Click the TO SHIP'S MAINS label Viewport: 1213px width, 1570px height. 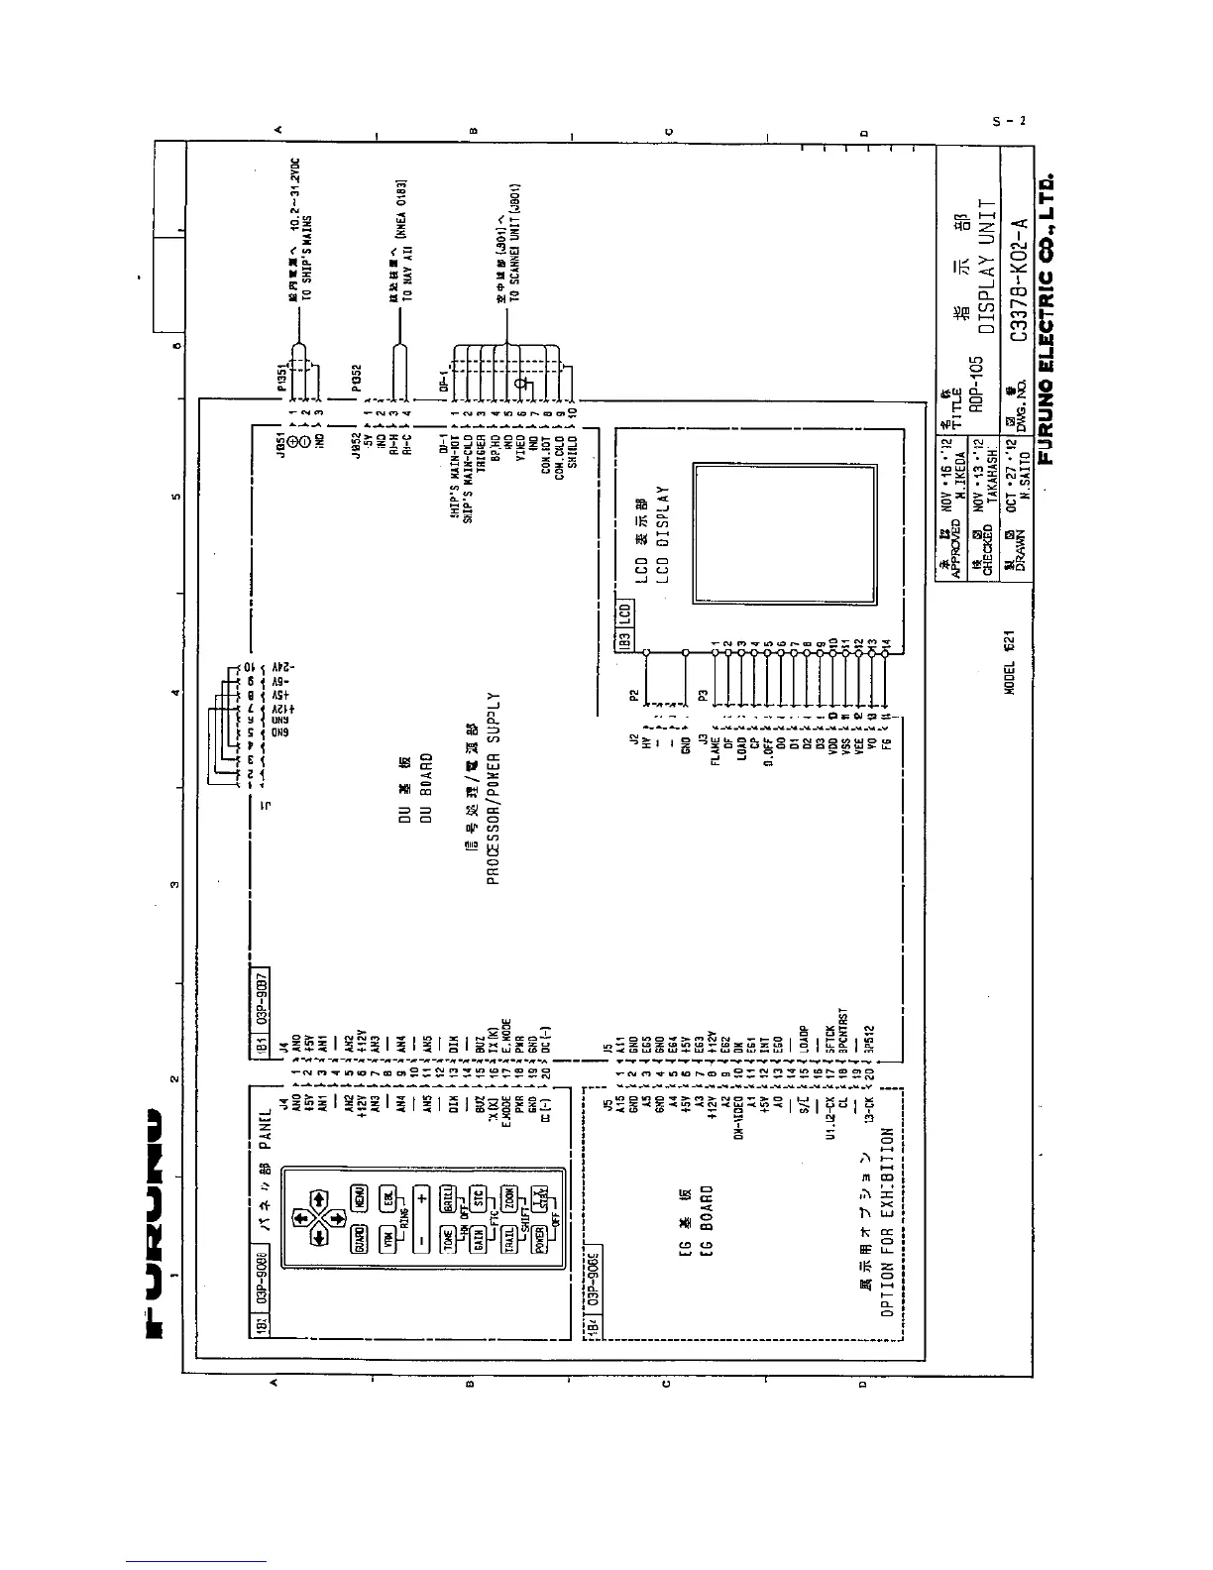tap(309, 258)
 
